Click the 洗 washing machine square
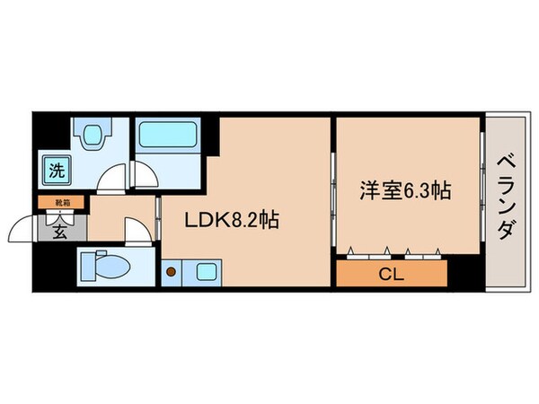(x=57, y=169)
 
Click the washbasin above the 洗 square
(x=91, y=136)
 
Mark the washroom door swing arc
(x=113, y=178)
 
